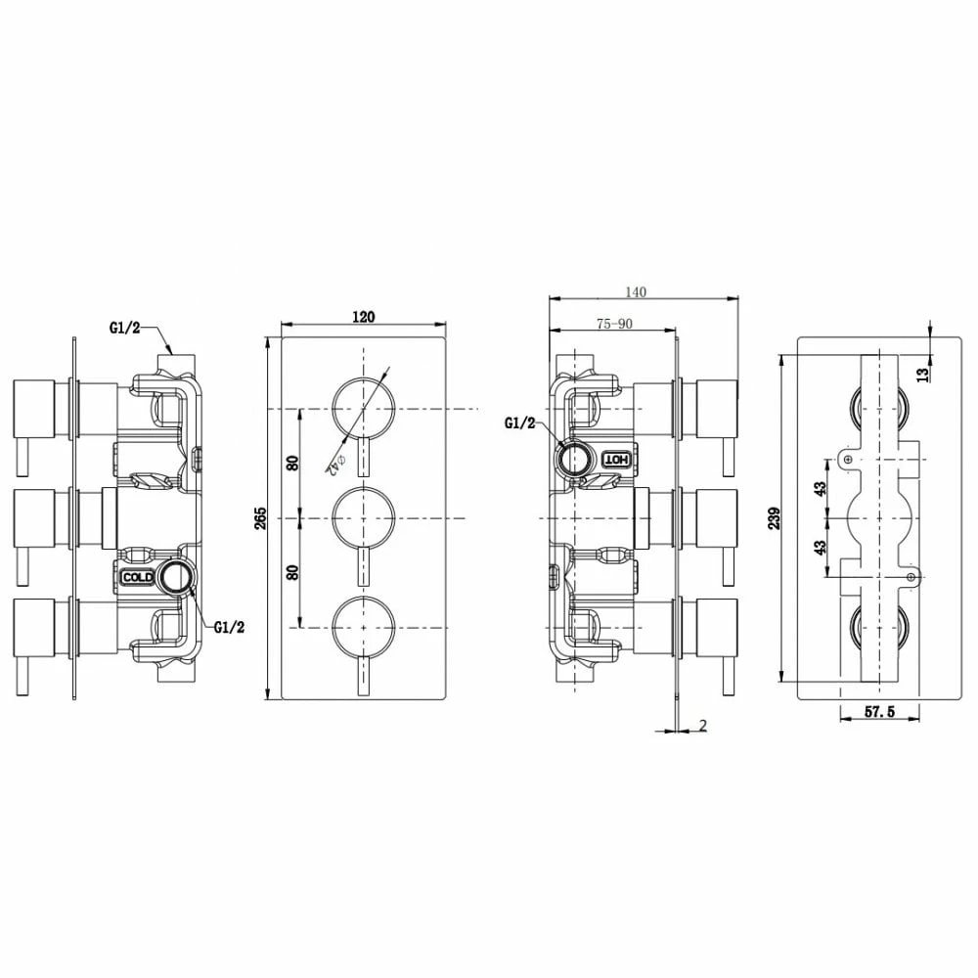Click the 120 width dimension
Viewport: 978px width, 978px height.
pos(363,316)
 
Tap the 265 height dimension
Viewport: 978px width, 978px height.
pos(260,518)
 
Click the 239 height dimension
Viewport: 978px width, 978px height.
pos(774,517)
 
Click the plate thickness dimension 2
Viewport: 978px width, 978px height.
pos(703,725)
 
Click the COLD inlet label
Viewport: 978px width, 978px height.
pos(136,578)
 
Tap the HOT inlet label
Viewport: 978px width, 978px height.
pos(616,458)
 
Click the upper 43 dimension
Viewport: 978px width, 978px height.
pos(821,486)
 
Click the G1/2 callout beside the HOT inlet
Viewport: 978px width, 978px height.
pos(519,422)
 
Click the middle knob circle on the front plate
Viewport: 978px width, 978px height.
pos(363,516)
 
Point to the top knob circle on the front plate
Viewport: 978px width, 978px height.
pos(363,407)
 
